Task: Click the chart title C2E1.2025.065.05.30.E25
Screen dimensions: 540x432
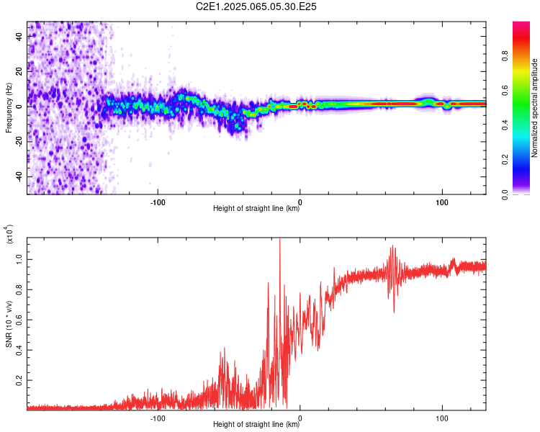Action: [256, 6]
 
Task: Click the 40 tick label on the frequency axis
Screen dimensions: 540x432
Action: [19, 37]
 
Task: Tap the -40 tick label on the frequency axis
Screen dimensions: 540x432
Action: [19, 176]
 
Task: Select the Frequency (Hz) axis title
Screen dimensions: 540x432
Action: [9, 108]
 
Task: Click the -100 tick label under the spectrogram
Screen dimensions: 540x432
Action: [158, 202]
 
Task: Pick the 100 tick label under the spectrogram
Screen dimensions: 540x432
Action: [442, 202]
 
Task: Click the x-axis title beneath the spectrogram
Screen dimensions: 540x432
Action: [256, 208]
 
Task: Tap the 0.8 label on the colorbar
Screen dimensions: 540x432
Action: [505, 55]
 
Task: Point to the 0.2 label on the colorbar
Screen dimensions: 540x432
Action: [505, 160]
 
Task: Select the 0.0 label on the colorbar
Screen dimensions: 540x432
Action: [505, 194]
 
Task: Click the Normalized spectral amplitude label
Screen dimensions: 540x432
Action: [534, 108]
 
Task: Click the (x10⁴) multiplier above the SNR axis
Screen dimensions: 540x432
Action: [9, 234]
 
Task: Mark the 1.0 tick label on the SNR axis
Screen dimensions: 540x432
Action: [19, 259]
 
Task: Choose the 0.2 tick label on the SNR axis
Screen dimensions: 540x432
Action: [19, 380]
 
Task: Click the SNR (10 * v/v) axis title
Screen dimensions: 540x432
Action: [9, 324]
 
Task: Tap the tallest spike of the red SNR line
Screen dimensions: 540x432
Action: [279, 238]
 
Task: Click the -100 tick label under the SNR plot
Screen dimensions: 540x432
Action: [158, 418]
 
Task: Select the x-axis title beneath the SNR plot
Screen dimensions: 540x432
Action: [256, 424]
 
